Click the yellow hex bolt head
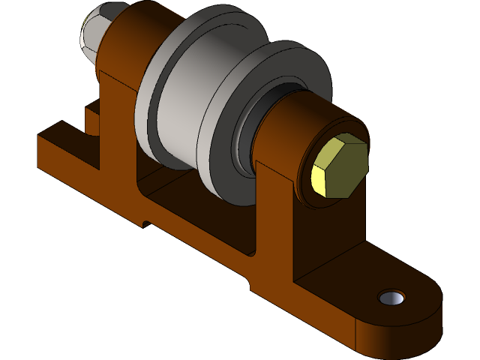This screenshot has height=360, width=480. click(341, 166)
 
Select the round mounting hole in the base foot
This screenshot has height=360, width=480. click(391, 298)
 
